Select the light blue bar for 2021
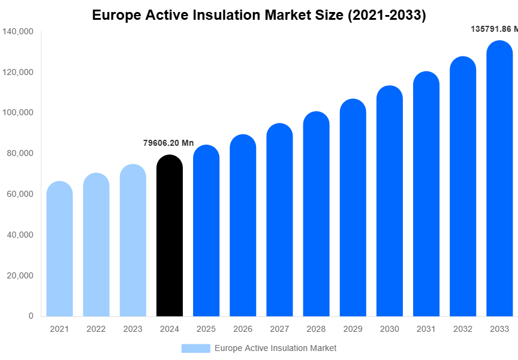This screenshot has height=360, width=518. click(x=60, y=248)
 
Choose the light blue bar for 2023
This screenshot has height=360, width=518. click(x=133, y=240)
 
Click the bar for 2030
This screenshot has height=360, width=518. click(x=390, y=201)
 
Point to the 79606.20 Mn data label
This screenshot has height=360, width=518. click(x=168, y=143)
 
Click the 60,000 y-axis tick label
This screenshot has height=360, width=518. click(x=20, y=194)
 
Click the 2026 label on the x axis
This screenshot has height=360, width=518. click(x=243, y=329)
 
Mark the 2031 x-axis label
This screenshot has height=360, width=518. click(x=426, y=329)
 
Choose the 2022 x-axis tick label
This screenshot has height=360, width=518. click(x=96, y=329)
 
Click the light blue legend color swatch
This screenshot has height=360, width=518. click(x=195, y=348)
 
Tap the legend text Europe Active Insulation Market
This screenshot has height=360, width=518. click(x=275, y=348)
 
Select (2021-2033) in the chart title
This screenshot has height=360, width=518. click(x=387, y=16)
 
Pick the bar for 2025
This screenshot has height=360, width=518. click(x=206, y=230)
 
